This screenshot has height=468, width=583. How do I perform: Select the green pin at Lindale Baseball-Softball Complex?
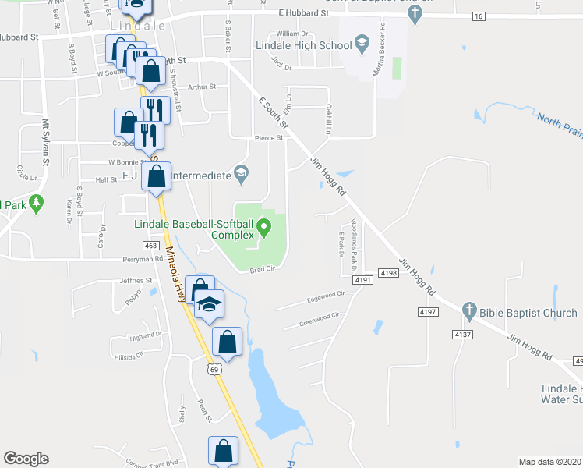(x=264, y=229)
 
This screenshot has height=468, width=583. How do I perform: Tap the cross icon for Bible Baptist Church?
(x=468, y=311)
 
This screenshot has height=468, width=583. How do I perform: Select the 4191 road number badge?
(x=362, y=279)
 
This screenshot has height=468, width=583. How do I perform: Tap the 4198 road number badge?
(x=389, y=272)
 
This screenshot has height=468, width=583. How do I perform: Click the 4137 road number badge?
(x=463, y=335)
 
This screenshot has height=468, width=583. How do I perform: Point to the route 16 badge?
(x=478, y=16)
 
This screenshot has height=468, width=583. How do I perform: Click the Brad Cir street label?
(x=263, y=271)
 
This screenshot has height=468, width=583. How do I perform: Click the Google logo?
(x=26, y=459)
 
